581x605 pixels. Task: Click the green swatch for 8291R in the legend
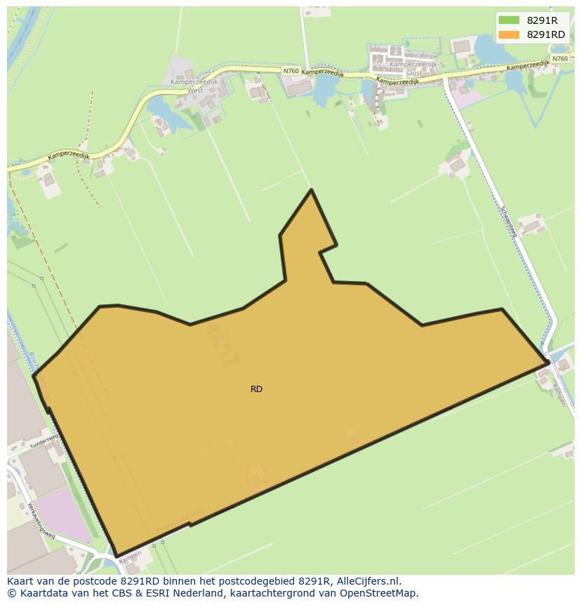pos(509,20)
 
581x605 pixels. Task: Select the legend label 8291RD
pos(546,34)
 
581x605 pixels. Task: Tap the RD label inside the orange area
pos(256,389)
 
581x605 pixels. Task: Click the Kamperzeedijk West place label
pos(186,86)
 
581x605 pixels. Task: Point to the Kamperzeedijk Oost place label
pos(413,68)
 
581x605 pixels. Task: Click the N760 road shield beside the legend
pos(559,59)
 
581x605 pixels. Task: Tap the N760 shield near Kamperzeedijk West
pos(291,71)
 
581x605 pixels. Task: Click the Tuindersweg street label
pos(44,441)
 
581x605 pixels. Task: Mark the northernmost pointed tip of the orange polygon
pos(312,190)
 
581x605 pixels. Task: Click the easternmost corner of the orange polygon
pos(548,363)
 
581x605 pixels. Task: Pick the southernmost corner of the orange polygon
pos(117,556)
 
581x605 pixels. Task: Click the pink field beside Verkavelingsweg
pos(60,512)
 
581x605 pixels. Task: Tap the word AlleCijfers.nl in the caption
pos(368,582)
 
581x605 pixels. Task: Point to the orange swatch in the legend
pos(509,34)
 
